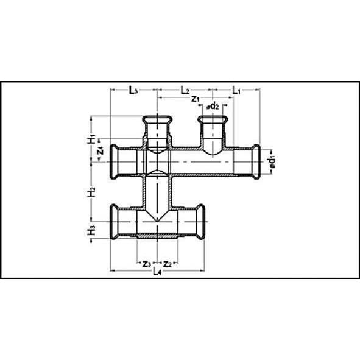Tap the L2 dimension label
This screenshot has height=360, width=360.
[186, 90]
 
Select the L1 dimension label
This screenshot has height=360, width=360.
[238, 90]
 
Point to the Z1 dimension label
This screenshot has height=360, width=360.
[196, 99]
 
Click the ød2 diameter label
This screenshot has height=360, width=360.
[213, 107]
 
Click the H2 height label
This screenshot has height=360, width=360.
[91, 192]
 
